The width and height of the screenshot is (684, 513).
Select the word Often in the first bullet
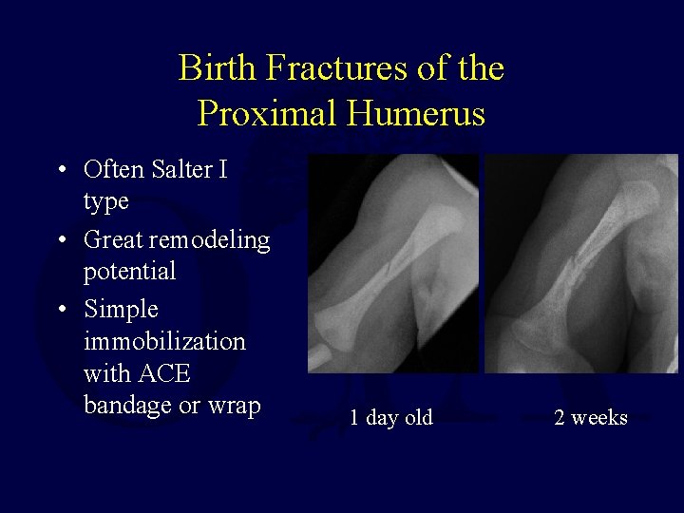pos(112,170)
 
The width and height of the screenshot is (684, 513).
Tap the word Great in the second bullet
pos(112,239)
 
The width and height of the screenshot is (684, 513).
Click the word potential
pos(130,272)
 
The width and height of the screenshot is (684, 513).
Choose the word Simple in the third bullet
pos(122,310)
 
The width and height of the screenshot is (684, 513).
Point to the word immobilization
pos(164,341)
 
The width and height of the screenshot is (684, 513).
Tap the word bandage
pos(124,406)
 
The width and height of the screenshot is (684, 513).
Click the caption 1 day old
pos(390,417)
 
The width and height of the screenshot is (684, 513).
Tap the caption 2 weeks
pos(590,417)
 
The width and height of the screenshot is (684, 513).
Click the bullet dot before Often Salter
pos(60,171)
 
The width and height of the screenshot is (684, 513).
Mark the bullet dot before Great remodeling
pos(60,240)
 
